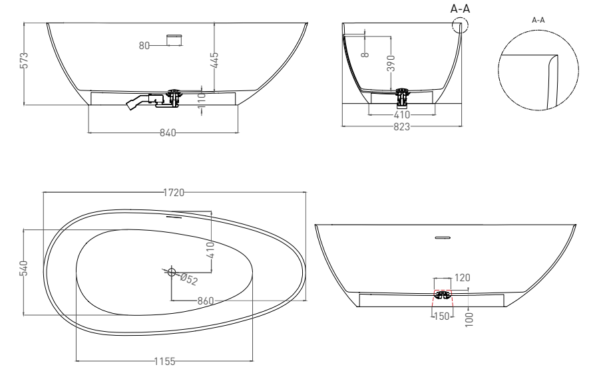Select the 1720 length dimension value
click(174, 193)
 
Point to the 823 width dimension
click(401, 126)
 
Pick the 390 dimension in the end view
click(391, 64)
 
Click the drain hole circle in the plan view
click(172, 272)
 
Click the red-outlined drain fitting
click(443, 293)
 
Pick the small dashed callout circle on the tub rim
click(459, 25)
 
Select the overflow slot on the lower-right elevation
click(443, 237)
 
